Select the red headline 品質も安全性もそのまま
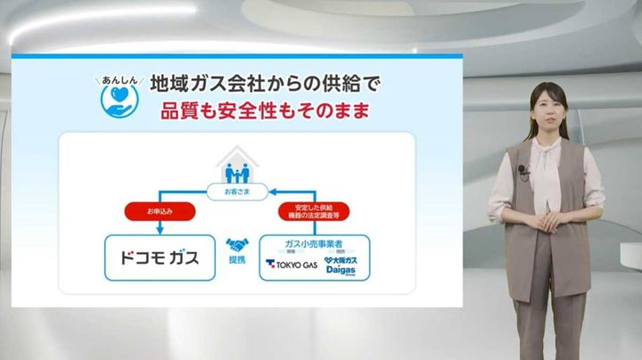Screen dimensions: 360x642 [x=264, y=113]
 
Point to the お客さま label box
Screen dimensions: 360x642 [x=236, y=190]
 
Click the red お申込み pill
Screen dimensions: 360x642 [x=157, y=212]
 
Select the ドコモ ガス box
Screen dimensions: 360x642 [x=160, y=258]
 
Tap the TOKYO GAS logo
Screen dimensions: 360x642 [x=292, y=265]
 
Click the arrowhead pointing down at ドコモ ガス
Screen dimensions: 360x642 [x=157, y=230]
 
